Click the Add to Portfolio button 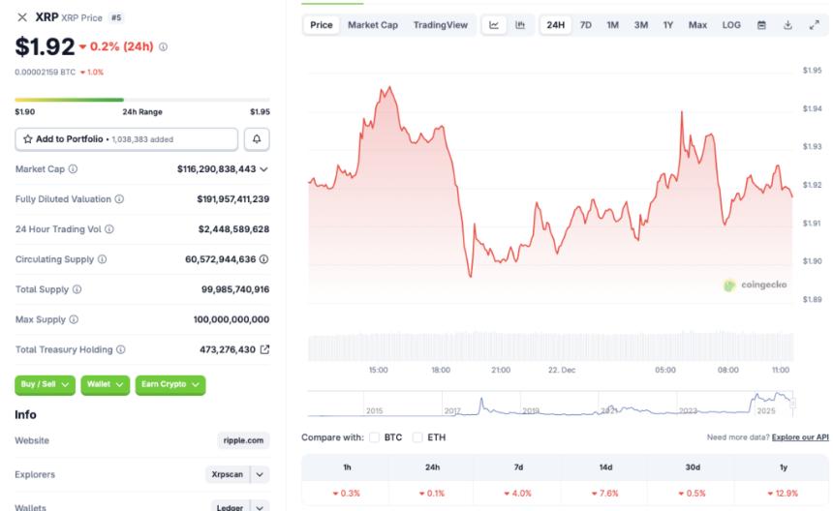126,139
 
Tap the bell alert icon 257,139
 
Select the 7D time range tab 586,25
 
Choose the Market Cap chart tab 373,25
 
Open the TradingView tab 440,25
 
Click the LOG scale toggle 731,25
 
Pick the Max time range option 697,25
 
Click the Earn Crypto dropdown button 170,384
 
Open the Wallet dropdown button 105,384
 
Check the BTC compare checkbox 375,437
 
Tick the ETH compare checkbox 417,437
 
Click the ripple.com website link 243,440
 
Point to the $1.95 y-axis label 812,71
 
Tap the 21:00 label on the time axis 501,370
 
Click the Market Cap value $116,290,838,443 217,168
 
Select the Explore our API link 800,437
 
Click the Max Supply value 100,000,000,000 231,319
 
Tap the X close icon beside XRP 22,17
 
